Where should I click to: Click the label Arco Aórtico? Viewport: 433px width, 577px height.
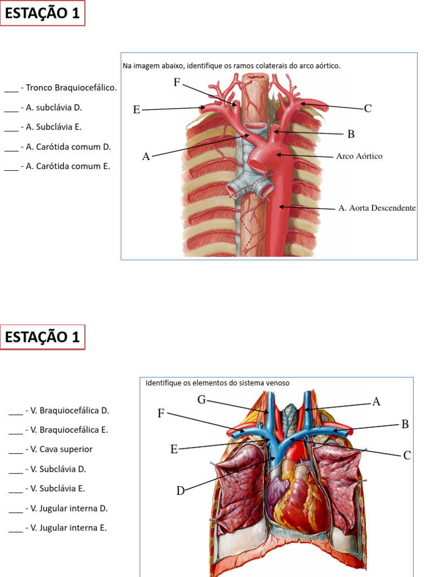click(359, 156)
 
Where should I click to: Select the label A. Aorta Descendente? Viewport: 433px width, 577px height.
click(377, 208)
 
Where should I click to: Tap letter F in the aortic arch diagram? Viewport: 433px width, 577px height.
click(177, 83)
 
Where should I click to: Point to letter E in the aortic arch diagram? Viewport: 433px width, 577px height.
click(136, 110)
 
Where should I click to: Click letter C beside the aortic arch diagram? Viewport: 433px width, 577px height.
click(368, 108)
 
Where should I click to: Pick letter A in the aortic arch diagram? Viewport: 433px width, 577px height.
click(146, 157)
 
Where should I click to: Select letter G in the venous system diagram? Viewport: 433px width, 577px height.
click(201, 400)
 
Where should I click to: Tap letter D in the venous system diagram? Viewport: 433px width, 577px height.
click(180, 491)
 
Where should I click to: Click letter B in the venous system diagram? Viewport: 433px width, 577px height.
click(405, 424)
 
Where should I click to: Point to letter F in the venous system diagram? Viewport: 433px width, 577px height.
click(161, 414)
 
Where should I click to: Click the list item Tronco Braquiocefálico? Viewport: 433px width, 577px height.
click(71, 87)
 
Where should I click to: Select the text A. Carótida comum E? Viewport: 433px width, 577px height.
click(68, 166)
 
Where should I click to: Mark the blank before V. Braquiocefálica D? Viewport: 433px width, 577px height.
click(15, 411)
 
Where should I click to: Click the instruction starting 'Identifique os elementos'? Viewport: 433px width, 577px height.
click(217, 383)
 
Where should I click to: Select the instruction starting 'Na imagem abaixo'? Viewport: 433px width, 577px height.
click(231, 66)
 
